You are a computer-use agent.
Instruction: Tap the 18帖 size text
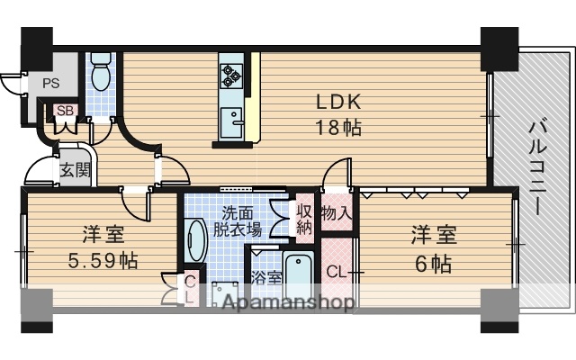click(x=337, y=127)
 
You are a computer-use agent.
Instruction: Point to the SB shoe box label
click(x=64, y=111)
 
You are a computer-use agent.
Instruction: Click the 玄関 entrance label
click(x=75, y=169)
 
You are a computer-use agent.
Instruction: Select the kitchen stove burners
click(x=232, y=73)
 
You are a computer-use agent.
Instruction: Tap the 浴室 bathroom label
click(x=265, y=277)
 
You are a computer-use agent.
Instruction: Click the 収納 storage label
click(x=304, y=220)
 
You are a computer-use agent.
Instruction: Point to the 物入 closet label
click(x=336, y=213)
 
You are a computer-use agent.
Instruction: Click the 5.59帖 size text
click(x=103, y=262)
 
